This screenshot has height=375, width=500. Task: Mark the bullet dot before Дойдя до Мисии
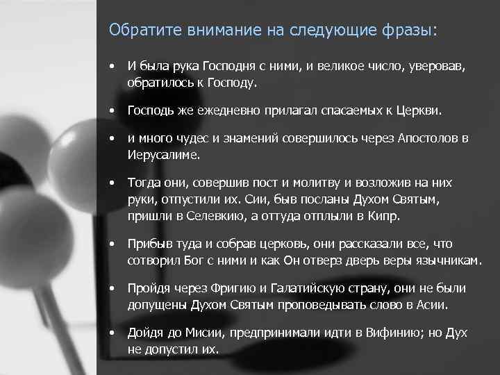tap(111, 332)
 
